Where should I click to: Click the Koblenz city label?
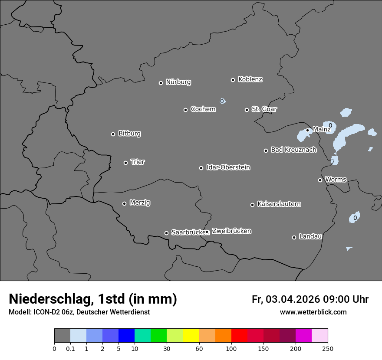[x=250, y=79]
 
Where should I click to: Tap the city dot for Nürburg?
[x=161, y=83]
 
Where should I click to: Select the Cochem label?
[x=203, y=109]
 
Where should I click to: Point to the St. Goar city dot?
[x=247, y=110]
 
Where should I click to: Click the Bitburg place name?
[x=129, y=134]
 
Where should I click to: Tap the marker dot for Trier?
[x=125, y=163]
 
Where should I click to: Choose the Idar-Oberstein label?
[x=228, y=167]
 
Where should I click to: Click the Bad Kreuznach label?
[x=293, y=150]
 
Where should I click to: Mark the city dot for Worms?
[x=320, y=180]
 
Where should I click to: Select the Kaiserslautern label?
[x=279, y=204]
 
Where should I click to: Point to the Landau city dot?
[x=294, y=237]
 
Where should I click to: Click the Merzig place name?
[x=140, y=203]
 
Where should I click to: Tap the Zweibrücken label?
[x=231, y=231]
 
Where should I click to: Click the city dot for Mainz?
[x=307, y=130]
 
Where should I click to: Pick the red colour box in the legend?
[x=239, y=336]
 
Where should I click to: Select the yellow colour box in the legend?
[x=191, y=336]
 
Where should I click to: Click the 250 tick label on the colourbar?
[x=328, y=348]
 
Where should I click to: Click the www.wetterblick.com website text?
[x=313, y=312]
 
